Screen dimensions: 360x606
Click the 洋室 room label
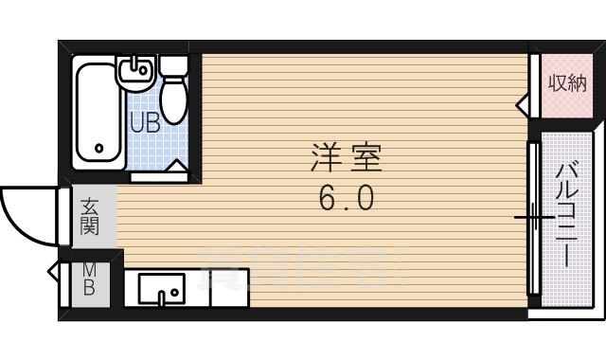(x=345, y=158)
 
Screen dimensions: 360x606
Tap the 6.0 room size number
(x=345, y=199)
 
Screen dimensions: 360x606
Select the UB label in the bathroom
(x=144, y=122)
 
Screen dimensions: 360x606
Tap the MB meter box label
(x=88, y=280)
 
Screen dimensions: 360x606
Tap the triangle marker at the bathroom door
(x=176, y=167)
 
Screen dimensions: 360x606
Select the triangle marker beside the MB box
(x=53, y=273)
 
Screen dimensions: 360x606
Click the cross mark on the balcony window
(x=535, y=217)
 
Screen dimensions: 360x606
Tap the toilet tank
(x=173, y=65)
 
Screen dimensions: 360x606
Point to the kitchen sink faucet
(x=162, y=297)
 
